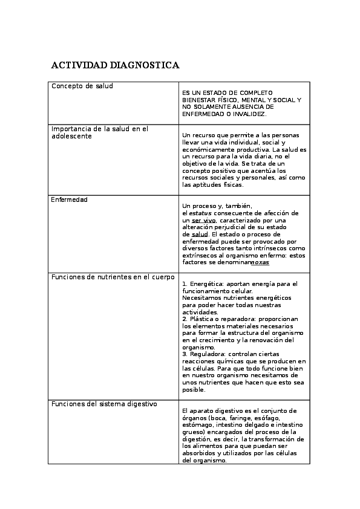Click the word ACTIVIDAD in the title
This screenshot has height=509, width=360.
coord(79,65)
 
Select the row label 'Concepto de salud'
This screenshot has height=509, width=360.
coord(82,86)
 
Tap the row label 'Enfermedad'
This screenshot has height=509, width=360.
coord(70,199)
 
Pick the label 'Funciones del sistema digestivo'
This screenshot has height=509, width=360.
coord(104,403)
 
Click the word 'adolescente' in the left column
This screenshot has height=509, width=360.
coord(71,136)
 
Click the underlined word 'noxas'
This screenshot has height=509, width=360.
coord(260,262)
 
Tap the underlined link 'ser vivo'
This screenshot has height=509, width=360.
coord(204,221)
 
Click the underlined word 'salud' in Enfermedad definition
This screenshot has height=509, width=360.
coord(200,234)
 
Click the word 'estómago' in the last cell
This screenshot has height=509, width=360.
coord(197,425)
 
